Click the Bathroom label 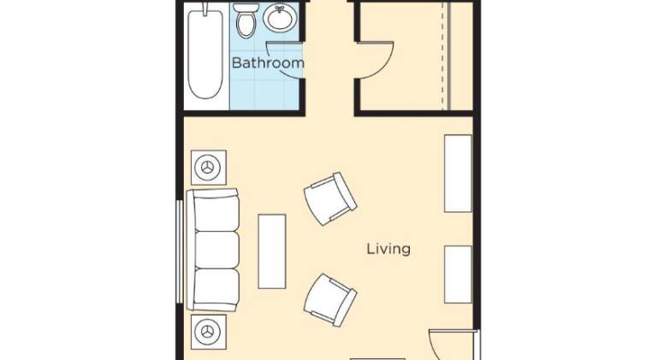coord(268,62)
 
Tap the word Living coord(388,249)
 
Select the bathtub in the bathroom coord(205,52)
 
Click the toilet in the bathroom coord(246,21)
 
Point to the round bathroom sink coord(280,19)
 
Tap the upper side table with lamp coord(209,168)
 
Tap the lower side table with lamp coord(209,332)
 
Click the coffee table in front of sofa coord(272,251)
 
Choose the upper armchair coord(330,199)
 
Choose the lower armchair coord(330,300)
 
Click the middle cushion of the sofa coord(217,250)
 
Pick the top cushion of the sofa coord(217,213)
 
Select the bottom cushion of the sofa coord(217,287)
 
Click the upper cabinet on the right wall coord(458,174)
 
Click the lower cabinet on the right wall coord(458,274)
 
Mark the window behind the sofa coord(180,251)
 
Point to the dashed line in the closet coord(442,56)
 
